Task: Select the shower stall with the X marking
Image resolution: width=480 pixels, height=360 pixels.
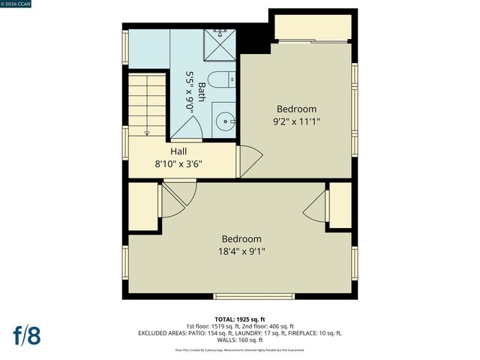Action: [x=220, y=45]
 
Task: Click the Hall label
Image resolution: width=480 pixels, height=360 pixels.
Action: [x=178, y=151]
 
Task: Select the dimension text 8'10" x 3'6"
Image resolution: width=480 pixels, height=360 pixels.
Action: [x=178, y=163]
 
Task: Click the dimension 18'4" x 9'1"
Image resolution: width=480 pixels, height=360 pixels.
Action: [x=241, y=252]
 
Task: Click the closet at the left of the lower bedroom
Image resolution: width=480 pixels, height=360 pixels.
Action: [x=142, y=205]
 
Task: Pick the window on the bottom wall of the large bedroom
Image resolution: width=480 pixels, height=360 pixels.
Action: [x=241, y=295]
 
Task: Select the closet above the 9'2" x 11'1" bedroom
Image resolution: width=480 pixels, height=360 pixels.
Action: [x=311, y=28]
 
